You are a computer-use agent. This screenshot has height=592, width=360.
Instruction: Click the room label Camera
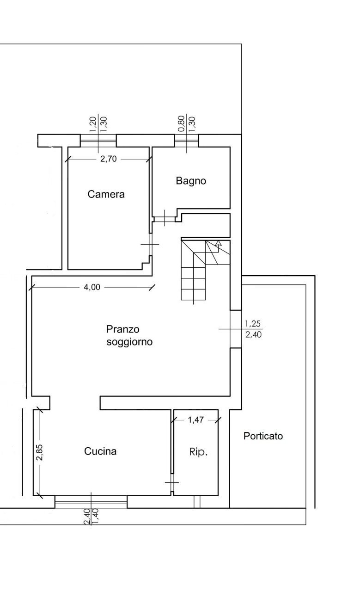click(x=106, y=195)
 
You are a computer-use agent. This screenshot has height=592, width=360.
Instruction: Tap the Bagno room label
click(x=191, y=181)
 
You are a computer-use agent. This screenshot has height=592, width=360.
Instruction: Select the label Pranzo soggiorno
click(x=129, y=336)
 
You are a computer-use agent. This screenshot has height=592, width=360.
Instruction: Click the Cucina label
click(x=100, y=451)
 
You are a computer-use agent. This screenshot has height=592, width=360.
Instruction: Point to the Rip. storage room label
click(x=198, y=452)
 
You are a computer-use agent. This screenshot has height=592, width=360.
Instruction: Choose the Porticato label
click(x=263, y=436)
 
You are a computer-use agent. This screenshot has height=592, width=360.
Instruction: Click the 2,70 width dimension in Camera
click(x=108, y=159)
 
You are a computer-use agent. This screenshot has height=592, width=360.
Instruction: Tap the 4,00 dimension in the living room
click(x=92, y=287)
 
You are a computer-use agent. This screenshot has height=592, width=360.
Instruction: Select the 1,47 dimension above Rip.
click(x=195, y=420)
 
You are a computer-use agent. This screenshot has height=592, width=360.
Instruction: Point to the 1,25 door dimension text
click(x=253, y=323)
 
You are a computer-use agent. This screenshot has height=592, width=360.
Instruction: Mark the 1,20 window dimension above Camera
click(x=92, y=124)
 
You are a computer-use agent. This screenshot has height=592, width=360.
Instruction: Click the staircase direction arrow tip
click(x=219, y=241)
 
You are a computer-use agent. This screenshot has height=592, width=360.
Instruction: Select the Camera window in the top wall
click(x=98, y=140)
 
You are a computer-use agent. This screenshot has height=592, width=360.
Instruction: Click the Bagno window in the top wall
click(x=187, y=140)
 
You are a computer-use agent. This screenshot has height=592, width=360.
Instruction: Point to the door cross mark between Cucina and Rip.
click(x=171, y=483)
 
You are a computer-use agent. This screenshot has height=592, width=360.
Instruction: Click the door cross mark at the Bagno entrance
click(x=165, y=217)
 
